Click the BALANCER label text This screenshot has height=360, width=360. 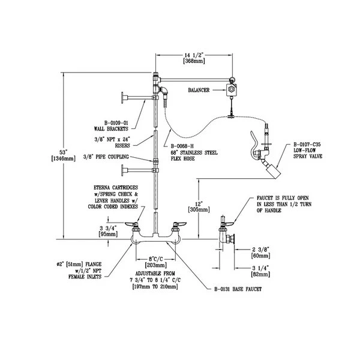point(198,91)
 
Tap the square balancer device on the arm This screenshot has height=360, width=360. point(230,90)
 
